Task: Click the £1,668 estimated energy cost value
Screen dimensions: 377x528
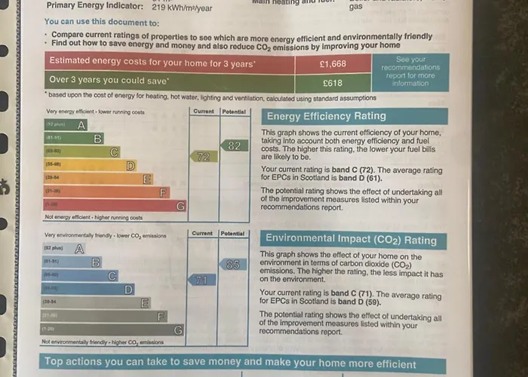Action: pos(333,64)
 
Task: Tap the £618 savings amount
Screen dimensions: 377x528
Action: pos(333,83)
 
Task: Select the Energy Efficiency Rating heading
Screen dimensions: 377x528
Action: pos(326,116)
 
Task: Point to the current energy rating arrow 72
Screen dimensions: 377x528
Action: pos(202,157)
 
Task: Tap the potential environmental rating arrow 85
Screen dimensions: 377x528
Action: pos(232,265)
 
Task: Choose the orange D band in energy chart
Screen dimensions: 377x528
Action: pos(91,165)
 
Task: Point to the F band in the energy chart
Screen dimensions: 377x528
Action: pos(106,192)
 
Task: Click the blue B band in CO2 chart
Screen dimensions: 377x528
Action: pos(72,262)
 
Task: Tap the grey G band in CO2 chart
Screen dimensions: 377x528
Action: pos(113,329)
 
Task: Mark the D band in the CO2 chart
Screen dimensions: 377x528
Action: pos(88,289)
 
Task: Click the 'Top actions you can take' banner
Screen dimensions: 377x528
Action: pos(230,363)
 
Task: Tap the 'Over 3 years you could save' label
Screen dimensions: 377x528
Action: pos(109,80)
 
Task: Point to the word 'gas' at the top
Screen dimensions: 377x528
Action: pos(356,7)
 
